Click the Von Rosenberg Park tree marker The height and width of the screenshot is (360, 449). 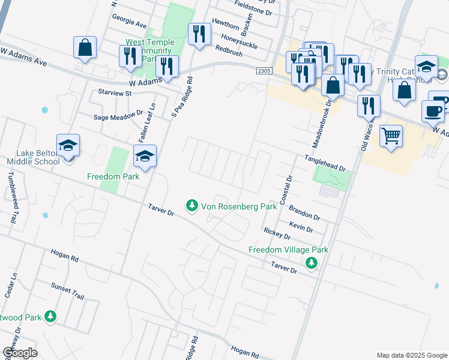coord(192,206)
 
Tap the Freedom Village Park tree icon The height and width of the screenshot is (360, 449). coord(311,262)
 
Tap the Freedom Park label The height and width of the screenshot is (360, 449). coord(113,176)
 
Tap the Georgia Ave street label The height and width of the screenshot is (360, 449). coord(128,25)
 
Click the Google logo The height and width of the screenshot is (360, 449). coord(20,353)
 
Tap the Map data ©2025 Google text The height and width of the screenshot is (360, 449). coord(411,355)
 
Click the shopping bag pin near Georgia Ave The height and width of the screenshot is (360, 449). coord(85,47)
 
